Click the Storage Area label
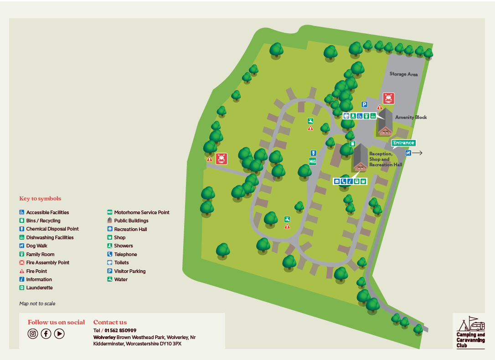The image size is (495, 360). click(403, 74)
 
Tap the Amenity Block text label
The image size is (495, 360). click(411, 117)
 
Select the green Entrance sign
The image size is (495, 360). click(403, 143)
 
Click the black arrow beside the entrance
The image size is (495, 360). click(418, 153)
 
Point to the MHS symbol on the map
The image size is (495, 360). click(313, 161)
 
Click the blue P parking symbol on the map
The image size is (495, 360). click(364, 104)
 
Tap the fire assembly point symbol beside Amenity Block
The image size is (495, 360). click(388, 98)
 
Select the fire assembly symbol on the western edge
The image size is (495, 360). click(221, 158)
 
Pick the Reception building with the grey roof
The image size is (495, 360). click(361, 158)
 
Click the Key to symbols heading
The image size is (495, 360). click(40, 199)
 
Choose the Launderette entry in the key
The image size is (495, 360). click(39, 288)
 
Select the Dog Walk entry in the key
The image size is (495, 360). click(36, 246)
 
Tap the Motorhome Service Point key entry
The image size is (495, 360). click(141, 212)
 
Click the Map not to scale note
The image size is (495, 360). click(37, 303)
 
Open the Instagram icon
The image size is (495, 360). click(33, 334)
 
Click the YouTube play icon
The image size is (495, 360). click(59, 334)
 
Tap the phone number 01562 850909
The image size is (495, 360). click(120, 330)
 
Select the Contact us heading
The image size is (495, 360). click(110, 322)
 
